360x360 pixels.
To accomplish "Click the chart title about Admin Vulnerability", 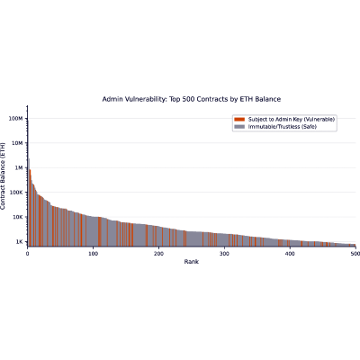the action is (192, 99).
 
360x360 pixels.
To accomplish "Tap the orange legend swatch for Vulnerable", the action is (239, 120).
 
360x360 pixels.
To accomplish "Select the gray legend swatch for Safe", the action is (239, 127).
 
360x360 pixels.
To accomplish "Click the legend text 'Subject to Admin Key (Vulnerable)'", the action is (292, 120).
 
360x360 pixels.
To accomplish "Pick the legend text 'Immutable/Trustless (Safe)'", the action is (283, 127).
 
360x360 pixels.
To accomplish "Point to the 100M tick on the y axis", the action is (16, 119).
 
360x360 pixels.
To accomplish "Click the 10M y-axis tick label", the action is (17, 143).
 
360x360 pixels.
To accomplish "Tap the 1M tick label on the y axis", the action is (19, 167).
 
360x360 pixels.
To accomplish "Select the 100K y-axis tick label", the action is (16, 193).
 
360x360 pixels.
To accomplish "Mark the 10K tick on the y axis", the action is (18, 217).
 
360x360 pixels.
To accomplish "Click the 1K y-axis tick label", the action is (19, 241).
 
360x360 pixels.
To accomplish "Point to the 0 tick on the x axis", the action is (28, 254).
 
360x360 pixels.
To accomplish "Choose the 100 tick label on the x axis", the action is (93, 254).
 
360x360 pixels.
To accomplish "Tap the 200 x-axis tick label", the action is (158, 254).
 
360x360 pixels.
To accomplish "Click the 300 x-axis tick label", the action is (224, 254).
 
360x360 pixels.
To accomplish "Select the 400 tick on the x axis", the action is (290, 254).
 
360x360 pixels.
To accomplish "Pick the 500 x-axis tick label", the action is (355, 254).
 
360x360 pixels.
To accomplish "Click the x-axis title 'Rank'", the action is (192, 262).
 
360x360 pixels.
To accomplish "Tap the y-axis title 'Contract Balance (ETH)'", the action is (3, 176).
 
